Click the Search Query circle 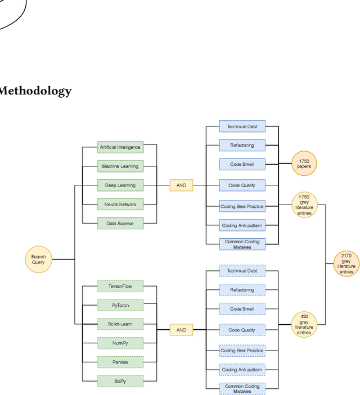38,260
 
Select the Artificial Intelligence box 120,147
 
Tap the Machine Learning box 120,166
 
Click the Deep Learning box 120,185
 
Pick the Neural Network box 120,205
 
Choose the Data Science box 120,224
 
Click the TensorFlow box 120,287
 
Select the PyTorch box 120,306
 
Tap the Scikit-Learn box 120,324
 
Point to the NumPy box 120,343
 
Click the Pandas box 120,362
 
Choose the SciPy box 120,381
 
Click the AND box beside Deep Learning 181,185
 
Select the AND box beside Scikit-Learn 181,330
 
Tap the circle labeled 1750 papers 304,164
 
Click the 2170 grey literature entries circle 346,264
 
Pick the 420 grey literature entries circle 304,325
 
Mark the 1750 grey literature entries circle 304,205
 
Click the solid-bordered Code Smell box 242,164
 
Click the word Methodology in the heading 35,91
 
